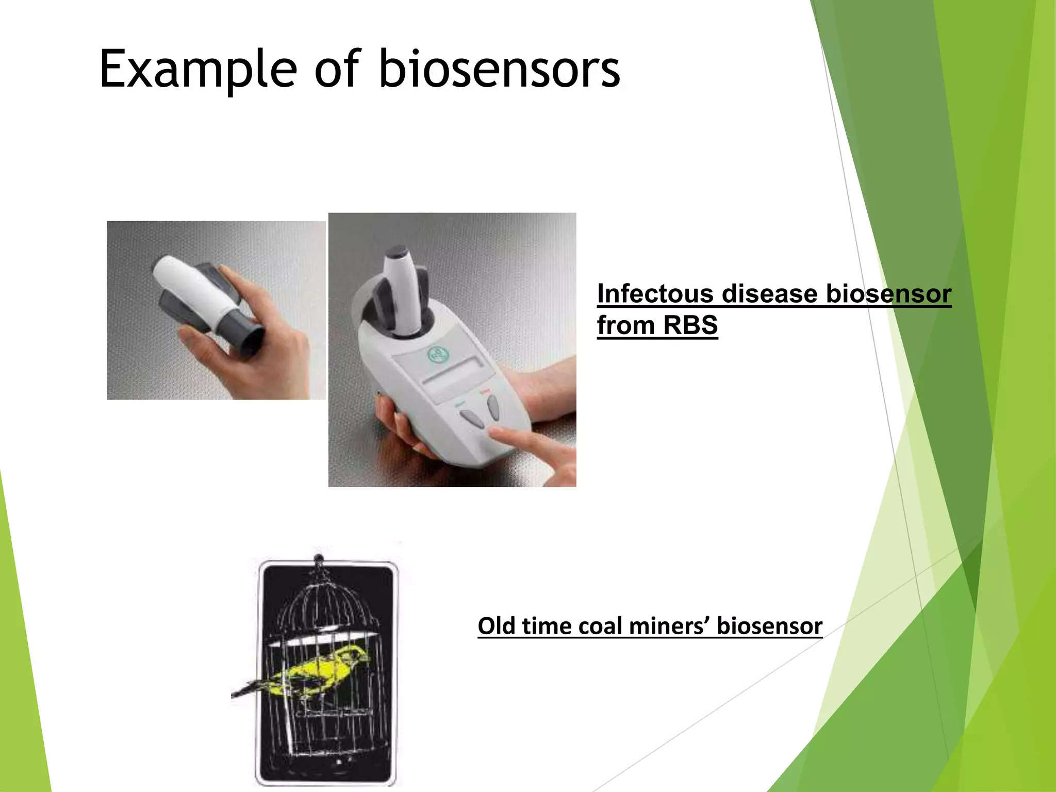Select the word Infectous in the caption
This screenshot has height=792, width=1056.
[656, 294]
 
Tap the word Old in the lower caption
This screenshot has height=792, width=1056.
[496, 626]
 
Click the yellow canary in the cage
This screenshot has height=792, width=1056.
[320, 670]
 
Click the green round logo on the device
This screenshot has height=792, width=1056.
[438, 354]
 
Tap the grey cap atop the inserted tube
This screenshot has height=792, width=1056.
[397, 252]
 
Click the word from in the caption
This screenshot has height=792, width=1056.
[625, 325]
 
